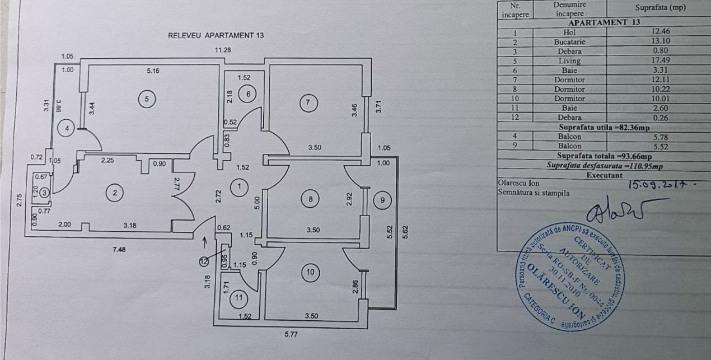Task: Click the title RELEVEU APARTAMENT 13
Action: (x=216, y=35)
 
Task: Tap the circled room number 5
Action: (x=147, y=99)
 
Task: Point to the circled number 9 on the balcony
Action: (x=383, y=199)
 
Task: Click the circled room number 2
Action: (x=115, y=193)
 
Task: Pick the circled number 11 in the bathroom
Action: (x=239, y=298)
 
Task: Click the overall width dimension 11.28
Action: (x=226, y=50)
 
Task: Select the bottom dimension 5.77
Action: (x=291, y=336)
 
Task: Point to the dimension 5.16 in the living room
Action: (x=153, y=71)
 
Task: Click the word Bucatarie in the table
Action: (x=569, y=41)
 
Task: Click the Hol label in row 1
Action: (x=569, y=32)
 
